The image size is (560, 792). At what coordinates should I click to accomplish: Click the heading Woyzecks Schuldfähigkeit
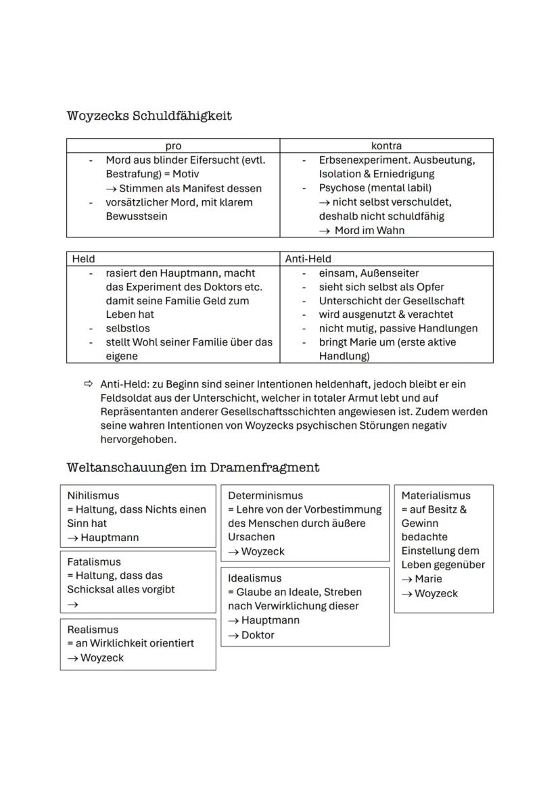tap(149, 116)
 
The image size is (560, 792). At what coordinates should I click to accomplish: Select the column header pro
tap(173, 146)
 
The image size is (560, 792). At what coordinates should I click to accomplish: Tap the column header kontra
tap(386, 146)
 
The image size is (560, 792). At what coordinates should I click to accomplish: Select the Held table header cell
tap(84, 259)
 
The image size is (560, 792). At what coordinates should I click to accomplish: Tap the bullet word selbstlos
tap(128, 328)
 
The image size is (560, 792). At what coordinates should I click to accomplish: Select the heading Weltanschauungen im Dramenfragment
tap(193, 467)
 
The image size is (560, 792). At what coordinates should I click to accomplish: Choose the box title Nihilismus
tap(93, 496)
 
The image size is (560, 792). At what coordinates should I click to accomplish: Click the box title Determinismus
tap(265, 496)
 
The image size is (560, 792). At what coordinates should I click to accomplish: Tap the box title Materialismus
tap(436, 496)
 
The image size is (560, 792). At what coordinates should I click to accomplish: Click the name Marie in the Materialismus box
tap(429, 579)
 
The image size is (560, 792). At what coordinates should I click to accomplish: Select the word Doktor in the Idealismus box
tap(258, 635)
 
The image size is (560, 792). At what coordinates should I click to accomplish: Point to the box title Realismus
tap(93, 630)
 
